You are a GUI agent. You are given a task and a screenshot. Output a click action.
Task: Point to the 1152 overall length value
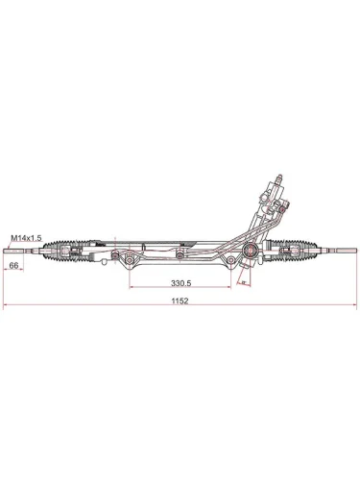point(180,300)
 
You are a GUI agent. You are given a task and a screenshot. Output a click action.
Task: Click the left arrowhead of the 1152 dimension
point(8,307)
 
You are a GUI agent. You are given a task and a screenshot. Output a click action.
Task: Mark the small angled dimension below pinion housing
point(244,281)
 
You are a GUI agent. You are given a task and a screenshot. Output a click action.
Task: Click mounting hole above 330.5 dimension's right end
point(230,259)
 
